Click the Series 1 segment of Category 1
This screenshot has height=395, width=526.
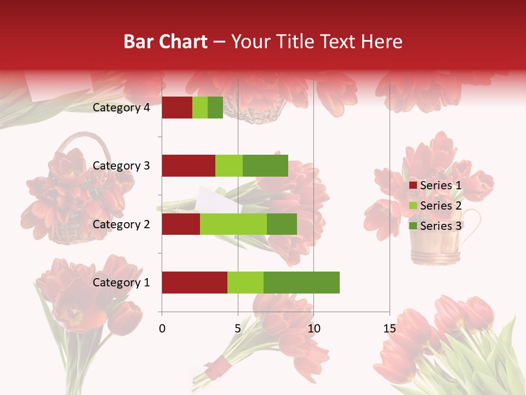point(194,283)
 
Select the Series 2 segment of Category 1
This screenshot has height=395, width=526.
point(245,283)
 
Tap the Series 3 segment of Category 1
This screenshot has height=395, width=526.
point(301,283)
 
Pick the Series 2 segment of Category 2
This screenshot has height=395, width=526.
point(233,224)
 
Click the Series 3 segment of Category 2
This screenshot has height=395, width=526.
point(282,224)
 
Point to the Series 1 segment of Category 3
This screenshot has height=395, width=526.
point(188,166)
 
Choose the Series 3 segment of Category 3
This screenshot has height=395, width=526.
point(265,166)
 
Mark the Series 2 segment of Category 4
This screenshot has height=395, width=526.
point(199,108)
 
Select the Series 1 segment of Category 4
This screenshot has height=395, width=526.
point(176,108)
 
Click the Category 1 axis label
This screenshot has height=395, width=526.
point(121,283)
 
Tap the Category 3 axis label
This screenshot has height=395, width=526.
point(121,166)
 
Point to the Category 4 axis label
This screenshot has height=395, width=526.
point(121,108)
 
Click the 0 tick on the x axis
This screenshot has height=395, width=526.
point(162,329)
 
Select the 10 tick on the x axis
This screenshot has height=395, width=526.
point(313,329)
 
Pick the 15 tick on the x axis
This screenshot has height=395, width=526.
point(389,329)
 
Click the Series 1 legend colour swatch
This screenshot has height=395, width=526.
point(413,185)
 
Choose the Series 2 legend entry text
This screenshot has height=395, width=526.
point(441,206)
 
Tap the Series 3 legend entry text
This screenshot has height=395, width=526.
point(441,226)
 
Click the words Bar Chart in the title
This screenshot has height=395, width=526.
point(165,42)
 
